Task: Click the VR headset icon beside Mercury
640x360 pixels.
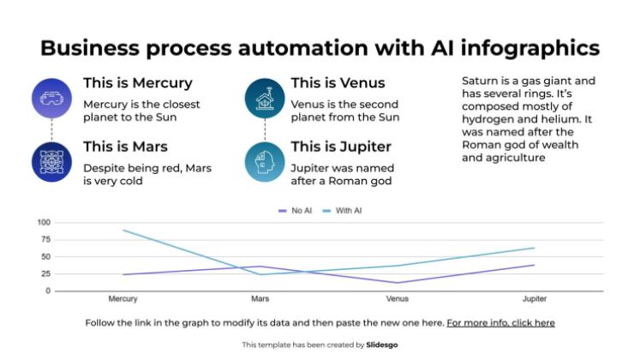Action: coord(52,99)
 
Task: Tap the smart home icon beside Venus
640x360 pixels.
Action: coord(265,99)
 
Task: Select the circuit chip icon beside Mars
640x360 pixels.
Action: coord(52,162)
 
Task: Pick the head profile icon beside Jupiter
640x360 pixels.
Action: coord(265,162)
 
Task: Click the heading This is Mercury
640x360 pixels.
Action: coord(138,83)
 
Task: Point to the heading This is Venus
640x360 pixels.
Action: coord(338,83)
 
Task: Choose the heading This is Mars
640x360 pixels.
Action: coord(126,147)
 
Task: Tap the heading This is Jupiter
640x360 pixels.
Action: coord(341,147)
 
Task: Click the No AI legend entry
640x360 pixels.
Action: coord(295,211)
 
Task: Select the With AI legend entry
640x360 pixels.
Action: coord(342,211)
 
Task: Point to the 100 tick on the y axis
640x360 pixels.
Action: coord(44,223)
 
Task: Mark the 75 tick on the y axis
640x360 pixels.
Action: coord(46,240)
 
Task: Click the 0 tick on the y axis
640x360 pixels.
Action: coord(48,291)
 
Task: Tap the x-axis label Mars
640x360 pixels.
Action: coord(260,299)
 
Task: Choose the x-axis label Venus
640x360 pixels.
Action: coord(398,299)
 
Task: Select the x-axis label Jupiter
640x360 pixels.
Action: coord(535,299)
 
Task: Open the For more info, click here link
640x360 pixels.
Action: coord(501,323)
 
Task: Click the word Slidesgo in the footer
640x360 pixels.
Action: coord(381,345)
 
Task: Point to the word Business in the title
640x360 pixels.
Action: coord(90,48)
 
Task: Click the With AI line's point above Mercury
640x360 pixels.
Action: coord(123,231)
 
